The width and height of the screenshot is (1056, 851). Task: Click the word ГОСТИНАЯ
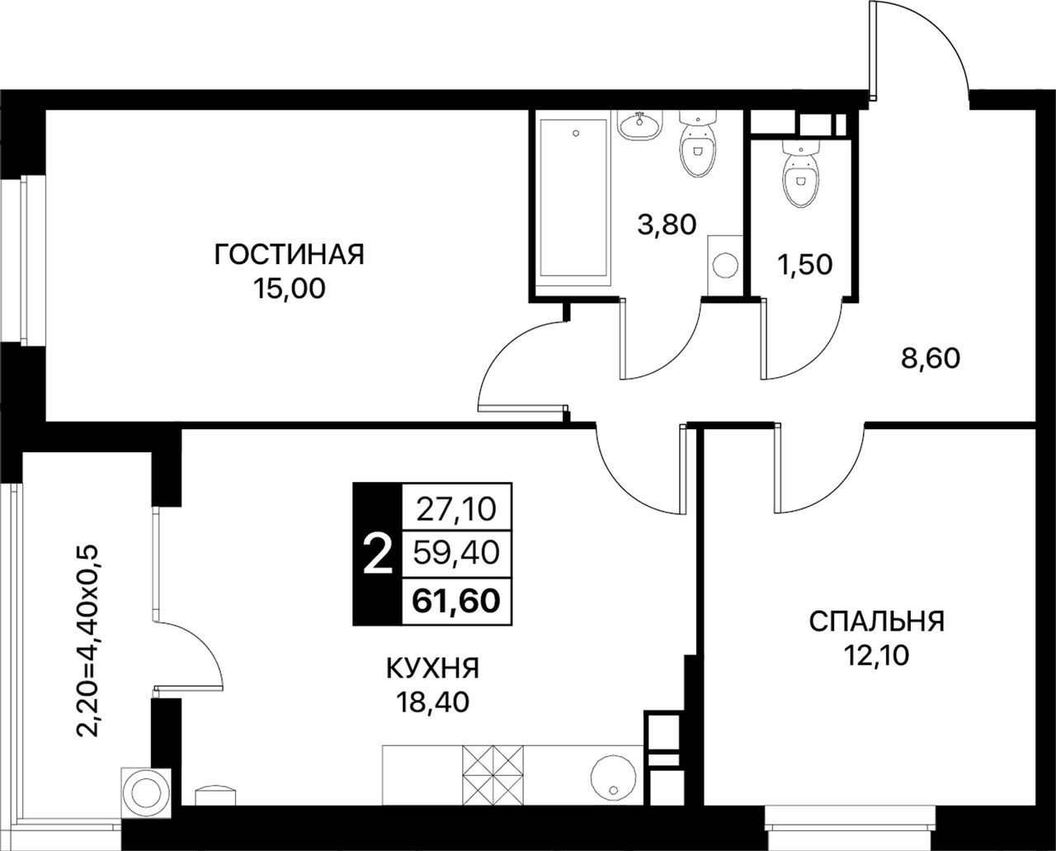(289, 254)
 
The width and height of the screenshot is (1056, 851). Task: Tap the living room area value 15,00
(289, 289)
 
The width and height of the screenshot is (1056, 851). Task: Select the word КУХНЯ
(433, 669)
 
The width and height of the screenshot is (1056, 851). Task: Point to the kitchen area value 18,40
(433, 702)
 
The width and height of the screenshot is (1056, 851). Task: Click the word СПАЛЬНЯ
(877, 622)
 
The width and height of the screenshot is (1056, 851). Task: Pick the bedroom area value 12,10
(877, 655)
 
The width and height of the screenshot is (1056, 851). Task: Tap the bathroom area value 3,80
(667, 225)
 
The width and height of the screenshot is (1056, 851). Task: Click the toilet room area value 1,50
(805, 265)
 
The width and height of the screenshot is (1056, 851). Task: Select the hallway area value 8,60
(931, 359)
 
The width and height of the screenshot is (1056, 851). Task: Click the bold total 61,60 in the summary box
(456, 601)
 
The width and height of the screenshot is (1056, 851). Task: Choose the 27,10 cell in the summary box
(456, 508)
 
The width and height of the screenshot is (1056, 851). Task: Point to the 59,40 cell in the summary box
(456, 553)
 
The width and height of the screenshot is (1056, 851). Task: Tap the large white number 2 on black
(378, 554)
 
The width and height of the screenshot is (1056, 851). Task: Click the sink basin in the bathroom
(640, 125)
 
